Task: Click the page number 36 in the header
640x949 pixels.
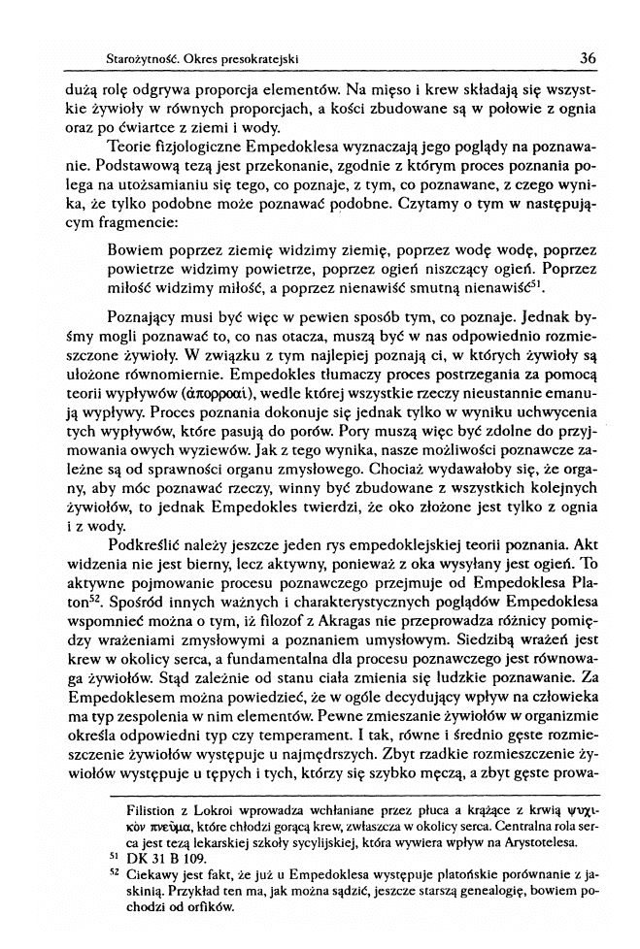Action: click(587, 57)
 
